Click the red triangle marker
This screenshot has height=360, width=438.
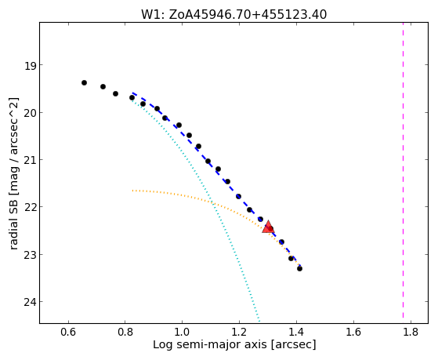(x=268, y=227)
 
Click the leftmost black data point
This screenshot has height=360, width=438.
(x=84, y=82)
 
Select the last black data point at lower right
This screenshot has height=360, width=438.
(x=300, y=268)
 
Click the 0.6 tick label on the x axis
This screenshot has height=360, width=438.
(x=68, y=332)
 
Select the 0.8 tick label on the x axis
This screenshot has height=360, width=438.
(x=125, y=332)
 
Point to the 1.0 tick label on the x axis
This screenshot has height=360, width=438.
(x=182, y=332)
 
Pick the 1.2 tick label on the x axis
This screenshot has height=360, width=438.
(x=239, y=332)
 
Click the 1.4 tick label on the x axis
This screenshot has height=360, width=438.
(x=297, y=332)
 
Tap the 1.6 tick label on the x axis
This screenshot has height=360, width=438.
(x=353, y=332)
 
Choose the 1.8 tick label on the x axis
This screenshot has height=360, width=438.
(x=411, y=332)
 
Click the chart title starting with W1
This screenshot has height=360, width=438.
(x=233, y=15)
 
